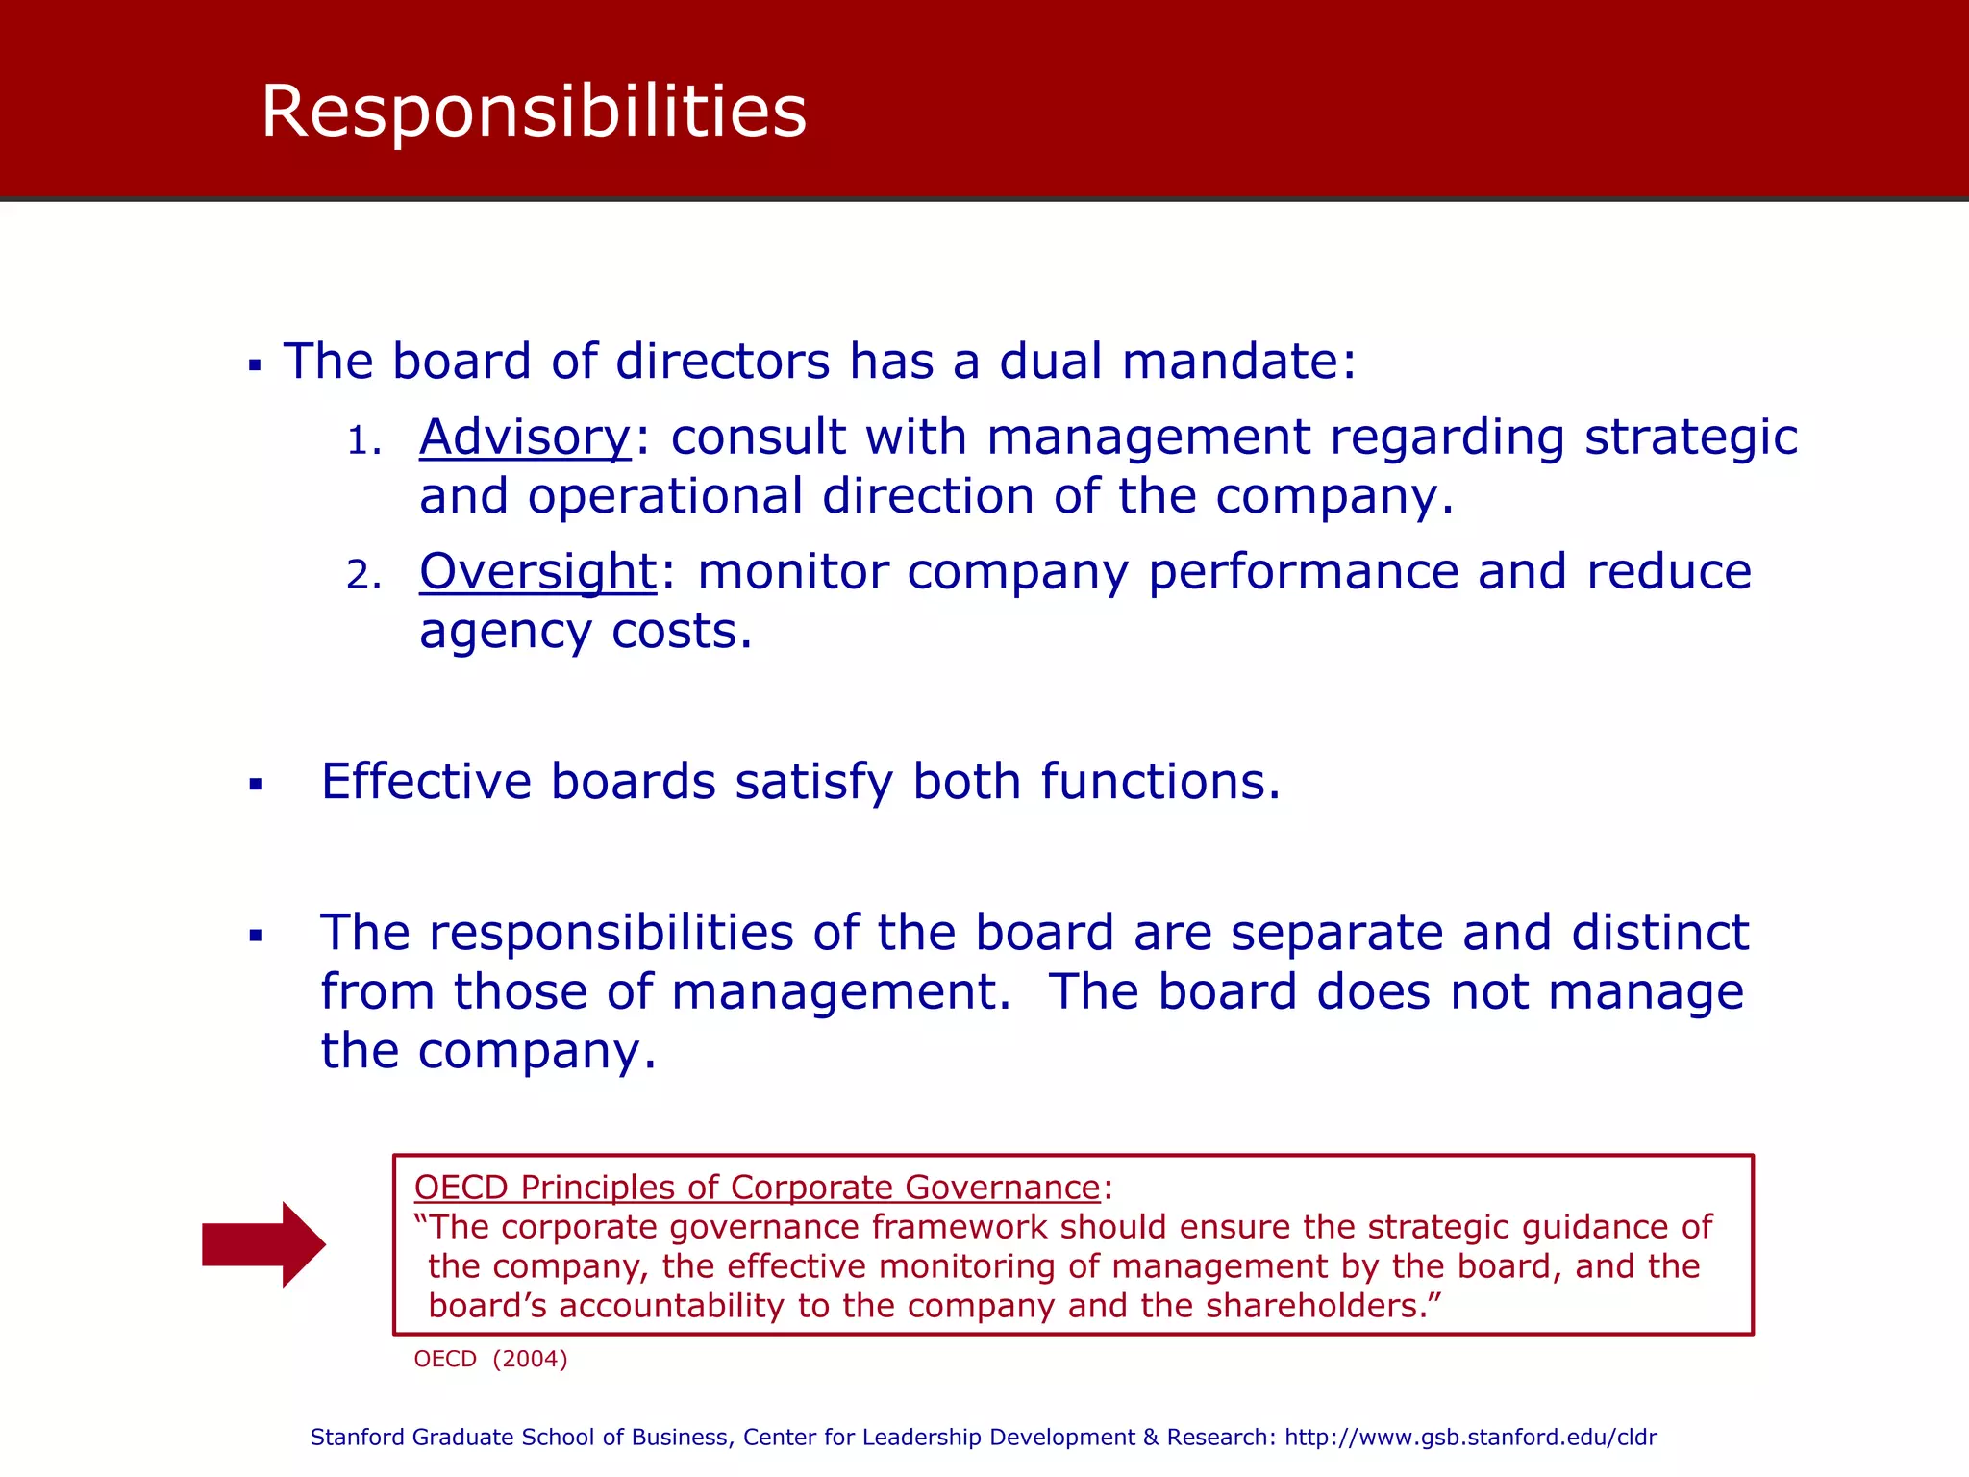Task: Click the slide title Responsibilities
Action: (534, 112)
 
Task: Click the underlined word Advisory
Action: (525, 438)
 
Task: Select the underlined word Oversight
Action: (537, 572)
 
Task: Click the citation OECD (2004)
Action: (490, 1359)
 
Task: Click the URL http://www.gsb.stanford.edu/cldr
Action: (1470, 1438)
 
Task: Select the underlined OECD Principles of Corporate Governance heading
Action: (757, 1188)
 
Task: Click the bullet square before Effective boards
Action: (255, 785)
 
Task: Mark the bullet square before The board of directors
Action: (255, 365)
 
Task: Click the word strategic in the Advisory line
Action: (1690, 438)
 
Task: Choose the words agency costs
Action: (585, 632)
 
